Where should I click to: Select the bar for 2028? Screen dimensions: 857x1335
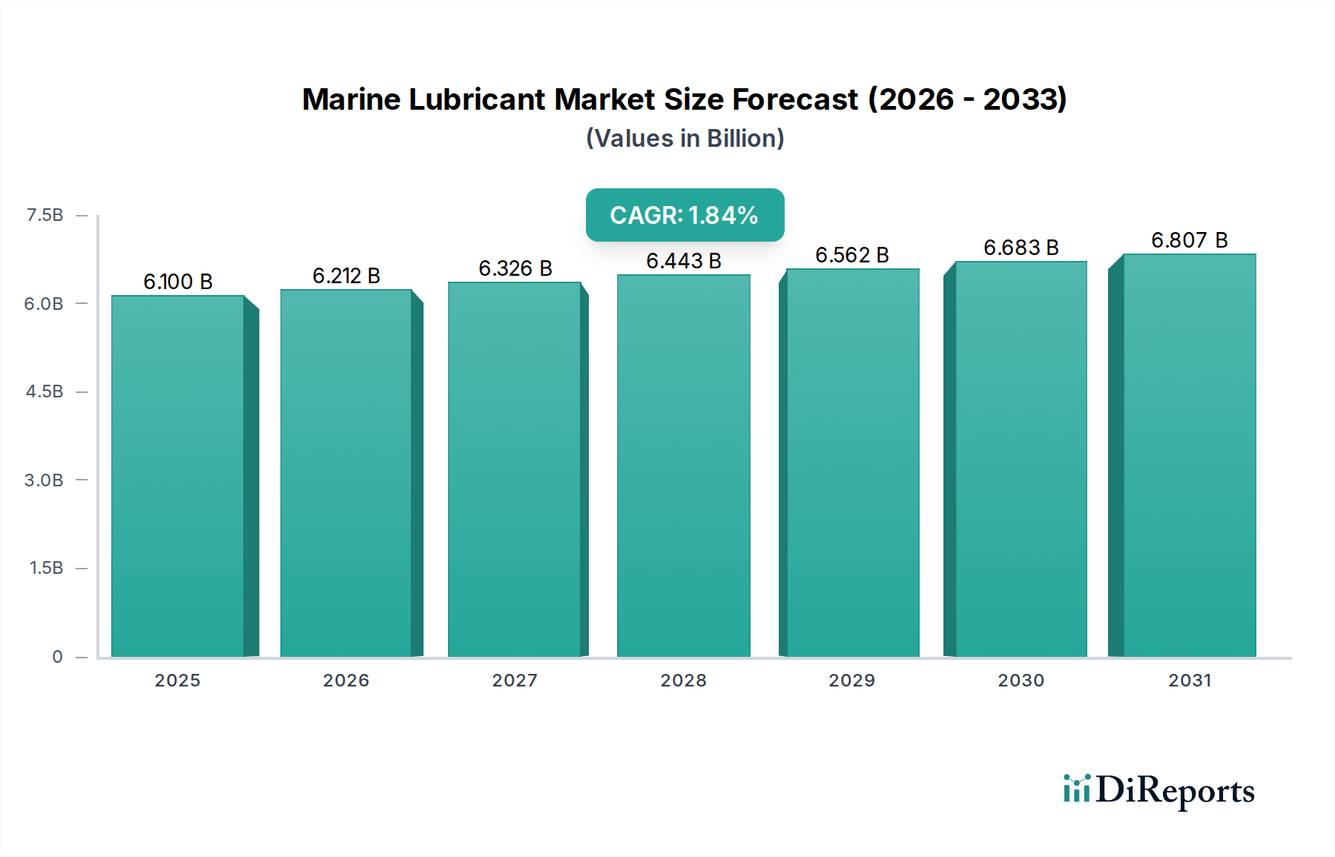tap(683, 466)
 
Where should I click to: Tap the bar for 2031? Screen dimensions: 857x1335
tap(1189, 455)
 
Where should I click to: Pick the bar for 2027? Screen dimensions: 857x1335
tap(514, 469)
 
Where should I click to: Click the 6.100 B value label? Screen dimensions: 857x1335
tap(178, 282)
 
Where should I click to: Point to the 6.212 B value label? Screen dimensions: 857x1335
tap(346, 276)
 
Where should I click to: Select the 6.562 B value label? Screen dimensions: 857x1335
tap(851, 255)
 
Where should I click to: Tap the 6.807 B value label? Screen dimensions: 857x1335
tap(1189, 240)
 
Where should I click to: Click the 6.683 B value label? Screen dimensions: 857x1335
tap(1021, 248)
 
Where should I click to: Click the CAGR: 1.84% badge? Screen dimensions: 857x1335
tap(685, 215)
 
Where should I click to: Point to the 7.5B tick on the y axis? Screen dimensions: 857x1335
tap(44, 215)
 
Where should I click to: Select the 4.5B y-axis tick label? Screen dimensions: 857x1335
tap(44, 391)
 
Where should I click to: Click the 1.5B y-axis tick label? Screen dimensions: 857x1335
tap(46, 568)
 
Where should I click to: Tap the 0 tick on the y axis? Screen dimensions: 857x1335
tap(57, 656)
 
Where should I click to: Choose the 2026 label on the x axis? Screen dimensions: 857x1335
tap(346, 681)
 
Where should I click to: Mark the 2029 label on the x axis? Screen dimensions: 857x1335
tap(851, 681)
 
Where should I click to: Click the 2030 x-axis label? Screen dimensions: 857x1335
tap(1021, 681)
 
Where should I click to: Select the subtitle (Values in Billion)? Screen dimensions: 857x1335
tap(685, 139)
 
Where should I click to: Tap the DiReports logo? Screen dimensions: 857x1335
tap(1158, 790)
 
